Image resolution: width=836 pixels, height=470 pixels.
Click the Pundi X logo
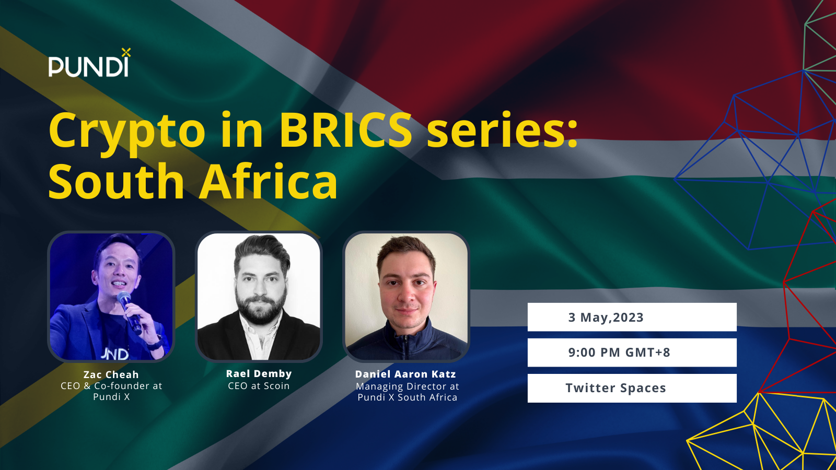pos(89,63)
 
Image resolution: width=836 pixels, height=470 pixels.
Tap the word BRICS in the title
pos(345,131)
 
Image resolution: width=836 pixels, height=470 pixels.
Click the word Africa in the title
pos(269,181)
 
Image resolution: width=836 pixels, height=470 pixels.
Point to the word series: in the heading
pos(502,131)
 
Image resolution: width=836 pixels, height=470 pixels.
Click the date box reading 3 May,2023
pos(632,317)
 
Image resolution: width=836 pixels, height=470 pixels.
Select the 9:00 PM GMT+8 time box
pos(632,352)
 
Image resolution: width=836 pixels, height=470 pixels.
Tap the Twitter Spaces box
pos(632,388)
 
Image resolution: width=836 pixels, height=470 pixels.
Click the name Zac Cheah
pos(111,374)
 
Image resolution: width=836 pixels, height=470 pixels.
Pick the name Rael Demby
pos(259,373)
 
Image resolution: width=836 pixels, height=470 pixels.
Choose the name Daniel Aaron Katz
pos(405,374)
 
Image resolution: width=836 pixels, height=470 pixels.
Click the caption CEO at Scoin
pos(259,386)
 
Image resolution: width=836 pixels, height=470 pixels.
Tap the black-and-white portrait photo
pos(259,297)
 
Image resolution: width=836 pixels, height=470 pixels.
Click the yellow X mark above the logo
pos(126,53)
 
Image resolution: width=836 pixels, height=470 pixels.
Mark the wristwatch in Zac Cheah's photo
pos(156,343)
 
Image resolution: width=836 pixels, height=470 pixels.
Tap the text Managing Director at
pos(407,386)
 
